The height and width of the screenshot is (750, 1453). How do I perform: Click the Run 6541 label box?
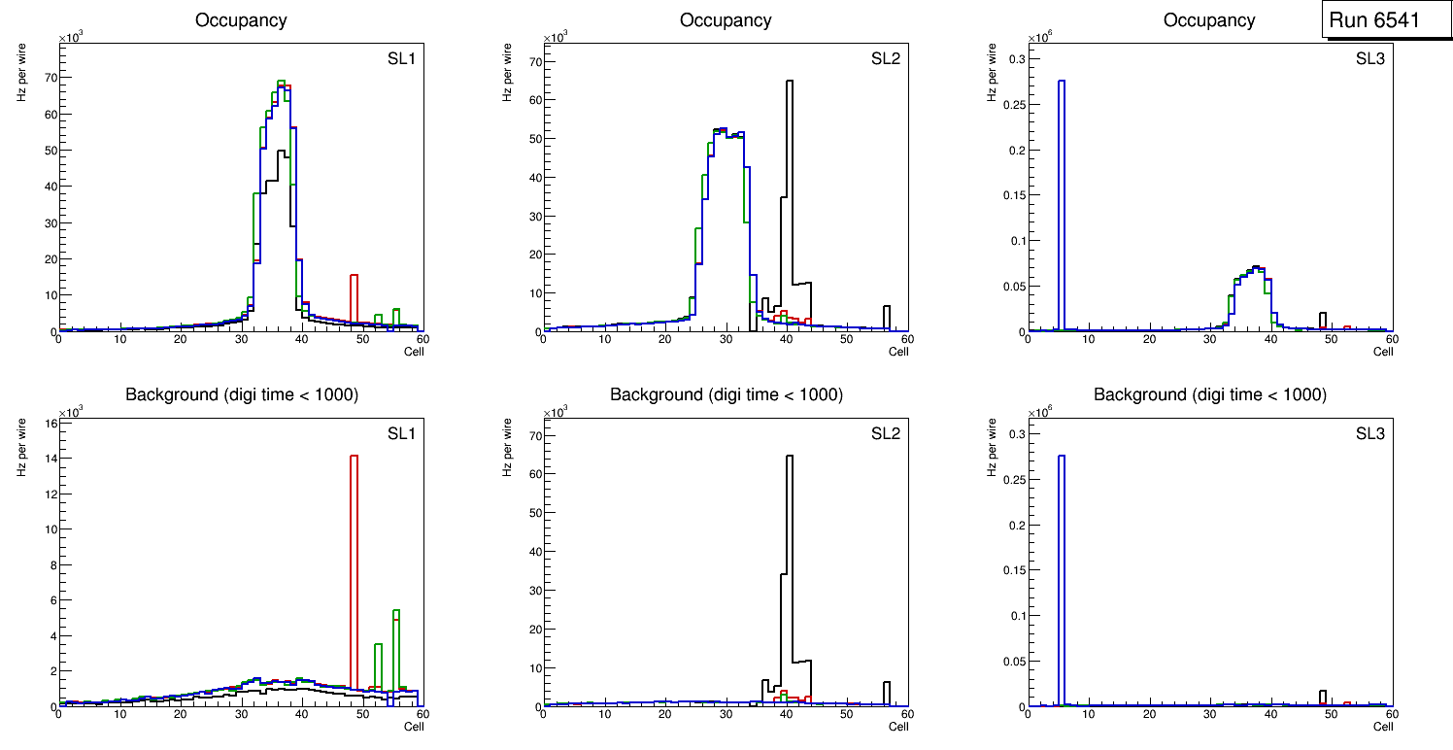1385,20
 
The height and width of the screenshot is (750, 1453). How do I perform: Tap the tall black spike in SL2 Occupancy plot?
790,194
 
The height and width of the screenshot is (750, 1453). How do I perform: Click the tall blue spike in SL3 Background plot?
1062,583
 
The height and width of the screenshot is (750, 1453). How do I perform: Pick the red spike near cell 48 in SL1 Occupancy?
354,301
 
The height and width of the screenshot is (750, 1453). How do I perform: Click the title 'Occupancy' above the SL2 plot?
726,20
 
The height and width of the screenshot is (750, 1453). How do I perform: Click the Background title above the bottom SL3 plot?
1209,394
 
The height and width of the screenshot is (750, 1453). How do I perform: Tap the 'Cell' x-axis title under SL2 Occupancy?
898,352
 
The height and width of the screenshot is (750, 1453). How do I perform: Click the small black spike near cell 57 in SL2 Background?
887,692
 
